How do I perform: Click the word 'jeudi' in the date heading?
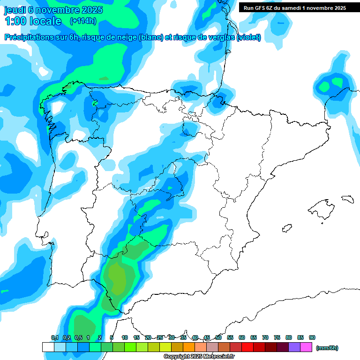pos(15,10)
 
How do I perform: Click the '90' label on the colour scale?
pos(312,337)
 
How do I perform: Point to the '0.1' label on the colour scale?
pos(54,337)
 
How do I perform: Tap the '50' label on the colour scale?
pos(218,337)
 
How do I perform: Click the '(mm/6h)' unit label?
pos(327,348)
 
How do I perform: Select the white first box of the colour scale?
pos(48,347)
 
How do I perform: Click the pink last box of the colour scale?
pos(306,347)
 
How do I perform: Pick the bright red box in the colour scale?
pos(247,347)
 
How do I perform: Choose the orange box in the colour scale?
pos(189,347)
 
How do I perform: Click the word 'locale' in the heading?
pos(45,21)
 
